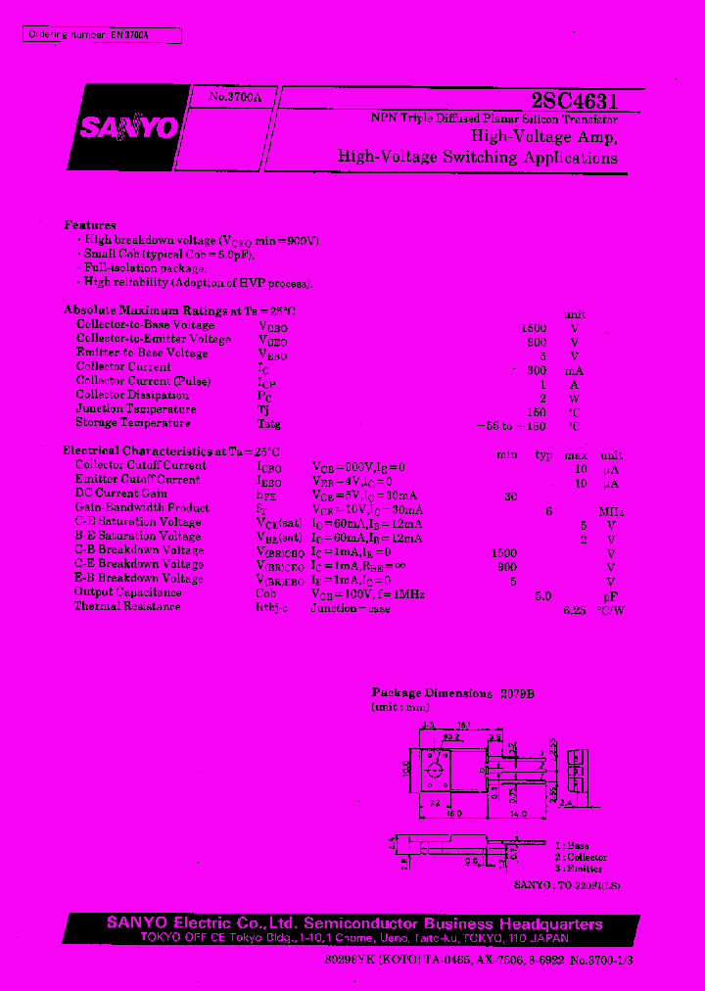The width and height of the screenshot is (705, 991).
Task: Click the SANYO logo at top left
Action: click(129, 127)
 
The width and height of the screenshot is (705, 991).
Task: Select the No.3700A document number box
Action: click(235, 98)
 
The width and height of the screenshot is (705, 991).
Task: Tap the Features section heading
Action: click(90, 225)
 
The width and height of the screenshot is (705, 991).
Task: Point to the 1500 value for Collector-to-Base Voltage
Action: click(534, 328)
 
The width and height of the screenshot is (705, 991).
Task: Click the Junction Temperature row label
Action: click(136, 409)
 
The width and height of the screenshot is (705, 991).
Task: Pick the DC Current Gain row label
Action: click(121, 494)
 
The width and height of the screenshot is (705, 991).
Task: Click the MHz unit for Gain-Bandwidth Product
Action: click(611, 512)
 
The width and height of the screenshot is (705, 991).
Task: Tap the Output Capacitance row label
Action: click(127, 592)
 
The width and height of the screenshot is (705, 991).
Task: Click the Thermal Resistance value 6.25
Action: click(574, 610)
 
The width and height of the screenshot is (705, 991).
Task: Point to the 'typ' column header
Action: click(544, 456)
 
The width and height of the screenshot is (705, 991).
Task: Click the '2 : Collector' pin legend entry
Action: click(581, 857)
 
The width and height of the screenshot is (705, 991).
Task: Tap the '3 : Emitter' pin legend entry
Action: click(578, 869)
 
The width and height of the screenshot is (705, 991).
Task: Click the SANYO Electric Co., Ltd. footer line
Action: click(353, 924)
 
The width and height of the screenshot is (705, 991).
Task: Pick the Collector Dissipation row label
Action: click(132, 395)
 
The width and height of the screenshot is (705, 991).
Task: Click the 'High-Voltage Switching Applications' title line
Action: click(477, 158)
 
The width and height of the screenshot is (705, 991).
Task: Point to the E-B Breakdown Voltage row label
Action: click(139, 579)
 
